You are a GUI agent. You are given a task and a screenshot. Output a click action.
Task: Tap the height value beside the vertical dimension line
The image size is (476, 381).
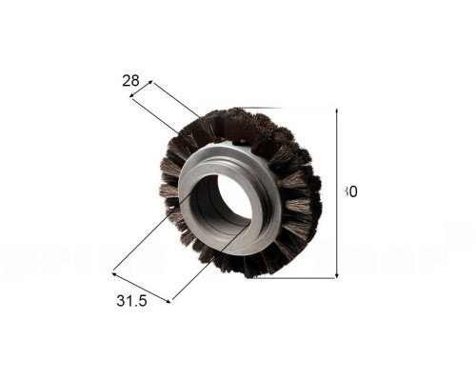pos(350,191)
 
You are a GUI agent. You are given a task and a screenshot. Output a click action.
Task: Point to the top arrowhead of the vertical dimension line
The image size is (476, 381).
pos(338,110)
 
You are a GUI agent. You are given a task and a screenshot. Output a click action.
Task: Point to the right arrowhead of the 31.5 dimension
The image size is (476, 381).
pos(171,301)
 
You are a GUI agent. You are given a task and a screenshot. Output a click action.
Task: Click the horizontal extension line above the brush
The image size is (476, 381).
pos(286,107)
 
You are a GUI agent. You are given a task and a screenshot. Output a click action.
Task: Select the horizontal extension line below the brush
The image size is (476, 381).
pos(295,278)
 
